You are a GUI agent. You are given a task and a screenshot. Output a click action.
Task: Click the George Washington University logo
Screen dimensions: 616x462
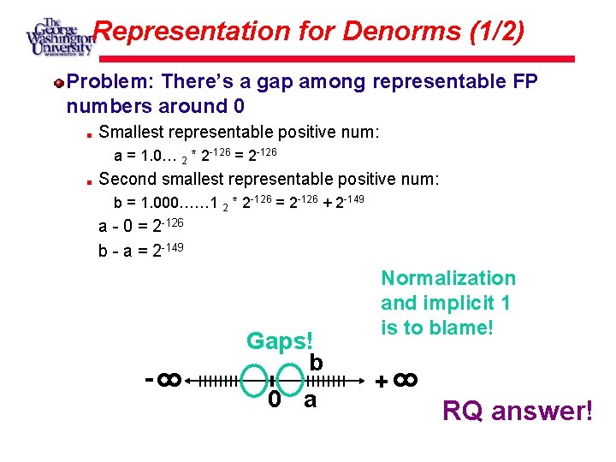pos(58,37)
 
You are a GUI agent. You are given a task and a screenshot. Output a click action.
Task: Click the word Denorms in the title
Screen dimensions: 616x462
pos(401,32)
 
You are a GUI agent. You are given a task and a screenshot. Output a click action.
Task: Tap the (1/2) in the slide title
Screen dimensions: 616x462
pos(496,32)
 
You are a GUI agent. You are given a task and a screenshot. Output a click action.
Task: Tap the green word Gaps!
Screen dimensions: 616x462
pos(281,341)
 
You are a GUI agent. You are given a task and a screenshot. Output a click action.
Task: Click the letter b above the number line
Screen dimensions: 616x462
pos(316,363)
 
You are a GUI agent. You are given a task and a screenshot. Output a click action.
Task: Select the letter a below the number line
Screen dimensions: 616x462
pos(311,400)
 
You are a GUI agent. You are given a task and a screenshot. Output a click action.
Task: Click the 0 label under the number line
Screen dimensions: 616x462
pos(272,400)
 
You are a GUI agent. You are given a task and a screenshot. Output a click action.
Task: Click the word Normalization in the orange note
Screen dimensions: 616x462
pos(448,278)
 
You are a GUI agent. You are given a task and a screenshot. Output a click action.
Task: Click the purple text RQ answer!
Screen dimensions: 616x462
pos(517,412)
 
